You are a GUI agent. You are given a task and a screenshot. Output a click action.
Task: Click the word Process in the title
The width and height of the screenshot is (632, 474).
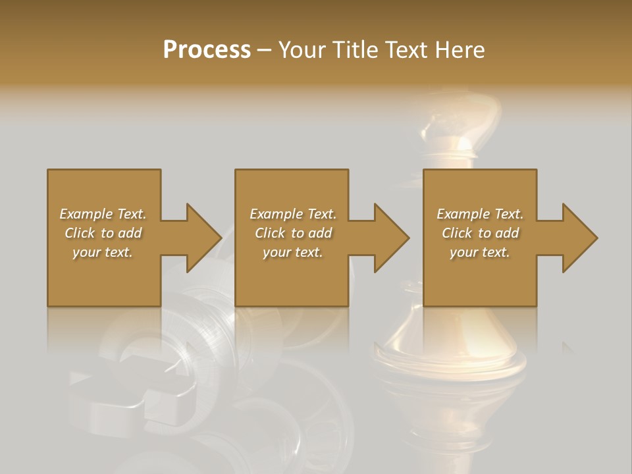pos(207,50)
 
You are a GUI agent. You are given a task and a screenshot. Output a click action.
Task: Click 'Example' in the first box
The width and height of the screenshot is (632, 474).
pos(86,214)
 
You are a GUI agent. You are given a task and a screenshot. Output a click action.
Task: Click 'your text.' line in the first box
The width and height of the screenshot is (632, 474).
pos(103,252)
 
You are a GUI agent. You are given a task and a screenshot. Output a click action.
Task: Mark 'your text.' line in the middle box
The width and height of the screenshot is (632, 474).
pos(293,252)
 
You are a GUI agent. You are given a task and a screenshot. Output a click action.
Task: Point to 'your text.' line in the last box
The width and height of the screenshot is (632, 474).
pos(480,252)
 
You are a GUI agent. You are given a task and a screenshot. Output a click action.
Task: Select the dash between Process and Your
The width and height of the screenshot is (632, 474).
pos(264,50)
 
